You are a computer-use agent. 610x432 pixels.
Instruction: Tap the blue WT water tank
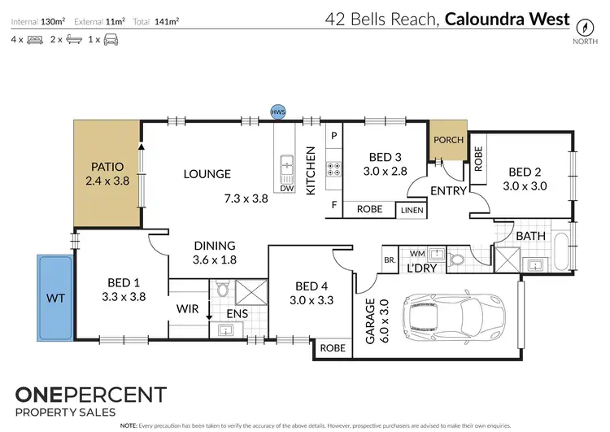coord(54,298)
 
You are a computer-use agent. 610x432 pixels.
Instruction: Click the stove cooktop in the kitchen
coord(333,170)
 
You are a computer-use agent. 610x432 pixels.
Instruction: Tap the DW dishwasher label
coord(285,188)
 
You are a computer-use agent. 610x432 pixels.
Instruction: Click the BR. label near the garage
coord(389,260)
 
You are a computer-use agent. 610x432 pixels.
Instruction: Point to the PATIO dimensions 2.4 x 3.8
coord(107,181)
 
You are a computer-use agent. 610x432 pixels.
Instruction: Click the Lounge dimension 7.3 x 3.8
coord(243,199)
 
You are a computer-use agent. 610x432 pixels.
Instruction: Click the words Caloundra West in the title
coord(507,18)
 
